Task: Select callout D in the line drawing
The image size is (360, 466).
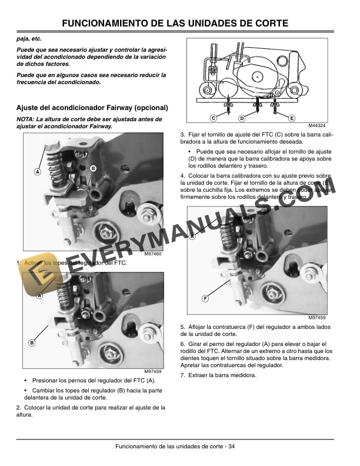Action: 241,118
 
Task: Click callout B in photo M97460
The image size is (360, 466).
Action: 93,169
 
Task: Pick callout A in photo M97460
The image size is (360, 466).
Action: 37,172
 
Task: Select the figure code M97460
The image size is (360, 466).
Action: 152,254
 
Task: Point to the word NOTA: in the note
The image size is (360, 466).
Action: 26,119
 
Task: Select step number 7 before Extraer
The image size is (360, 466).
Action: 182,375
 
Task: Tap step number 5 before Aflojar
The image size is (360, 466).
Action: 182,327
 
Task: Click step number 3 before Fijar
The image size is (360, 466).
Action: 182,136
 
